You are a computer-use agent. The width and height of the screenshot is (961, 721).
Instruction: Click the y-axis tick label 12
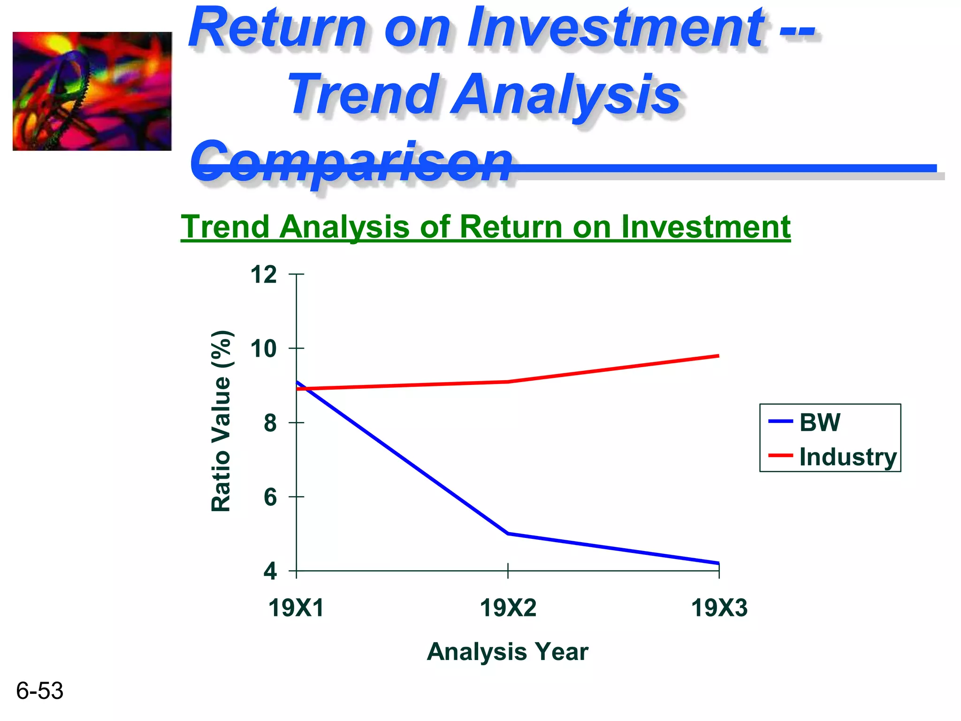tap(263, 275)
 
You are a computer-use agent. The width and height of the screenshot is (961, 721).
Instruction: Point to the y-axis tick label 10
tap(263, 349)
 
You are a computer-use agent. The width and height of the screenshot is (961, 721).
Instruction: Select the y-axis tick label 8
tap(270, 423)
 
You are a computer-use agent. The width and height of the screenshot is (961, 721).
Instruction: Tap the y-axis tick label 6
tap(270, 497)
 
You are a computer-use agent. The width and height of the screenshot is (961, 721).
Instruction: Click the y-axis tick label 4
tap(270, 571)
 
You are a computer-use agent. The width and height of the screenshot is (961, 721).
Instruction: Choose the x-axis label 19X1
tap(296, 608)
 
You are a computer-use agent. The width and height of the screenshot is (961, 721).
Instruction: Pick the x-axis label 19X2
tap(508, 608)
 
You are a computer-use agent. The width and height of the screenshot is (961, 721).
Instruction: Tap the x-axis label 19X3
tap(719, 608)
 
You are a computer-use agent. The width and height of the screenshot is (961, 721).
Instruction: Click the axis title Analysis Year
tap(507, 652)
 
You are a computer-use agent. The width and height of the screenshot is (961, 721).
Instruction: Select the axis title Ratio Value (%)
tap(221, 421)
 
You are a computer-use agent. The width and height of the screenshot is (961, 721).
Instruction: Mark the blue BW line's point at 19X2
tap(508, 534)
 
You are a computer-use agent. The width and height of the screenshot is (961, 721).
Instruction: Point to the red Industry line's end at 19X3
tap(718, 356)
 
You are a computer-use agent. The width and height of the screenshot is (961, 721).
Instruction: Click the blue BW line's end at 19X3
tap(718, 563)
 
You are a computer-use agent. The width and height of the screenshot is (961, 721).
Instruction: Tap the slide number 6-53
tap(39, 690)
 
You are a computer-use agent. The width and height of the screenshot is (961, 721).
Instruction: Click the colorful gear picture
tap(92, 91)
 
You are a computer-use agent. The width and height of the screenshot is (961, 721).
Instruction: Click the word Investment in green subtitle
tap(706, 227)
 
